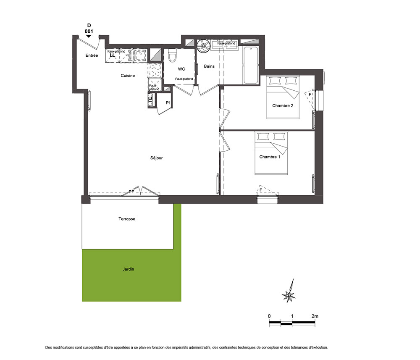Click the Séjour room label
[x=156, y=158]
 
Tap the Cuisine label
[x=128, y=76]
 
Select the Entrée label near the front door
[x=92, y=55]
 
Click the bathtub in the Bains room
[x=251, y=65]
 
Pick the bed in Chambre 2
[x=283, y=97]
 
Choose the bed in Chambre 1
[x=271, y=153]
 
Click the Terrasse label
[x=127, y=219]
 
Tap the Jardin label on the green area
[x=128, y=269]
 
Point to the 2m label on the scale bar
[x=315, y=316]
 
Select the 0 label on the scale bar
[x=269, y=316]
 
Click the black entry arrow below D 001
[x=88, y=36]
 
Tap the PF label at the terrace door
[x=131, y=192]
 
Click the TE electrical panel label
[x=150, y=100]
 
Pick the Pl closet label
[x=168, y=103]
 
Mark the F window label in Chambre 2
[x=310, y=95]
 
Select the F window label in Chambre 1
[x=261, y=190]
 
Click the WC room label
[x=181, y=69]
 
